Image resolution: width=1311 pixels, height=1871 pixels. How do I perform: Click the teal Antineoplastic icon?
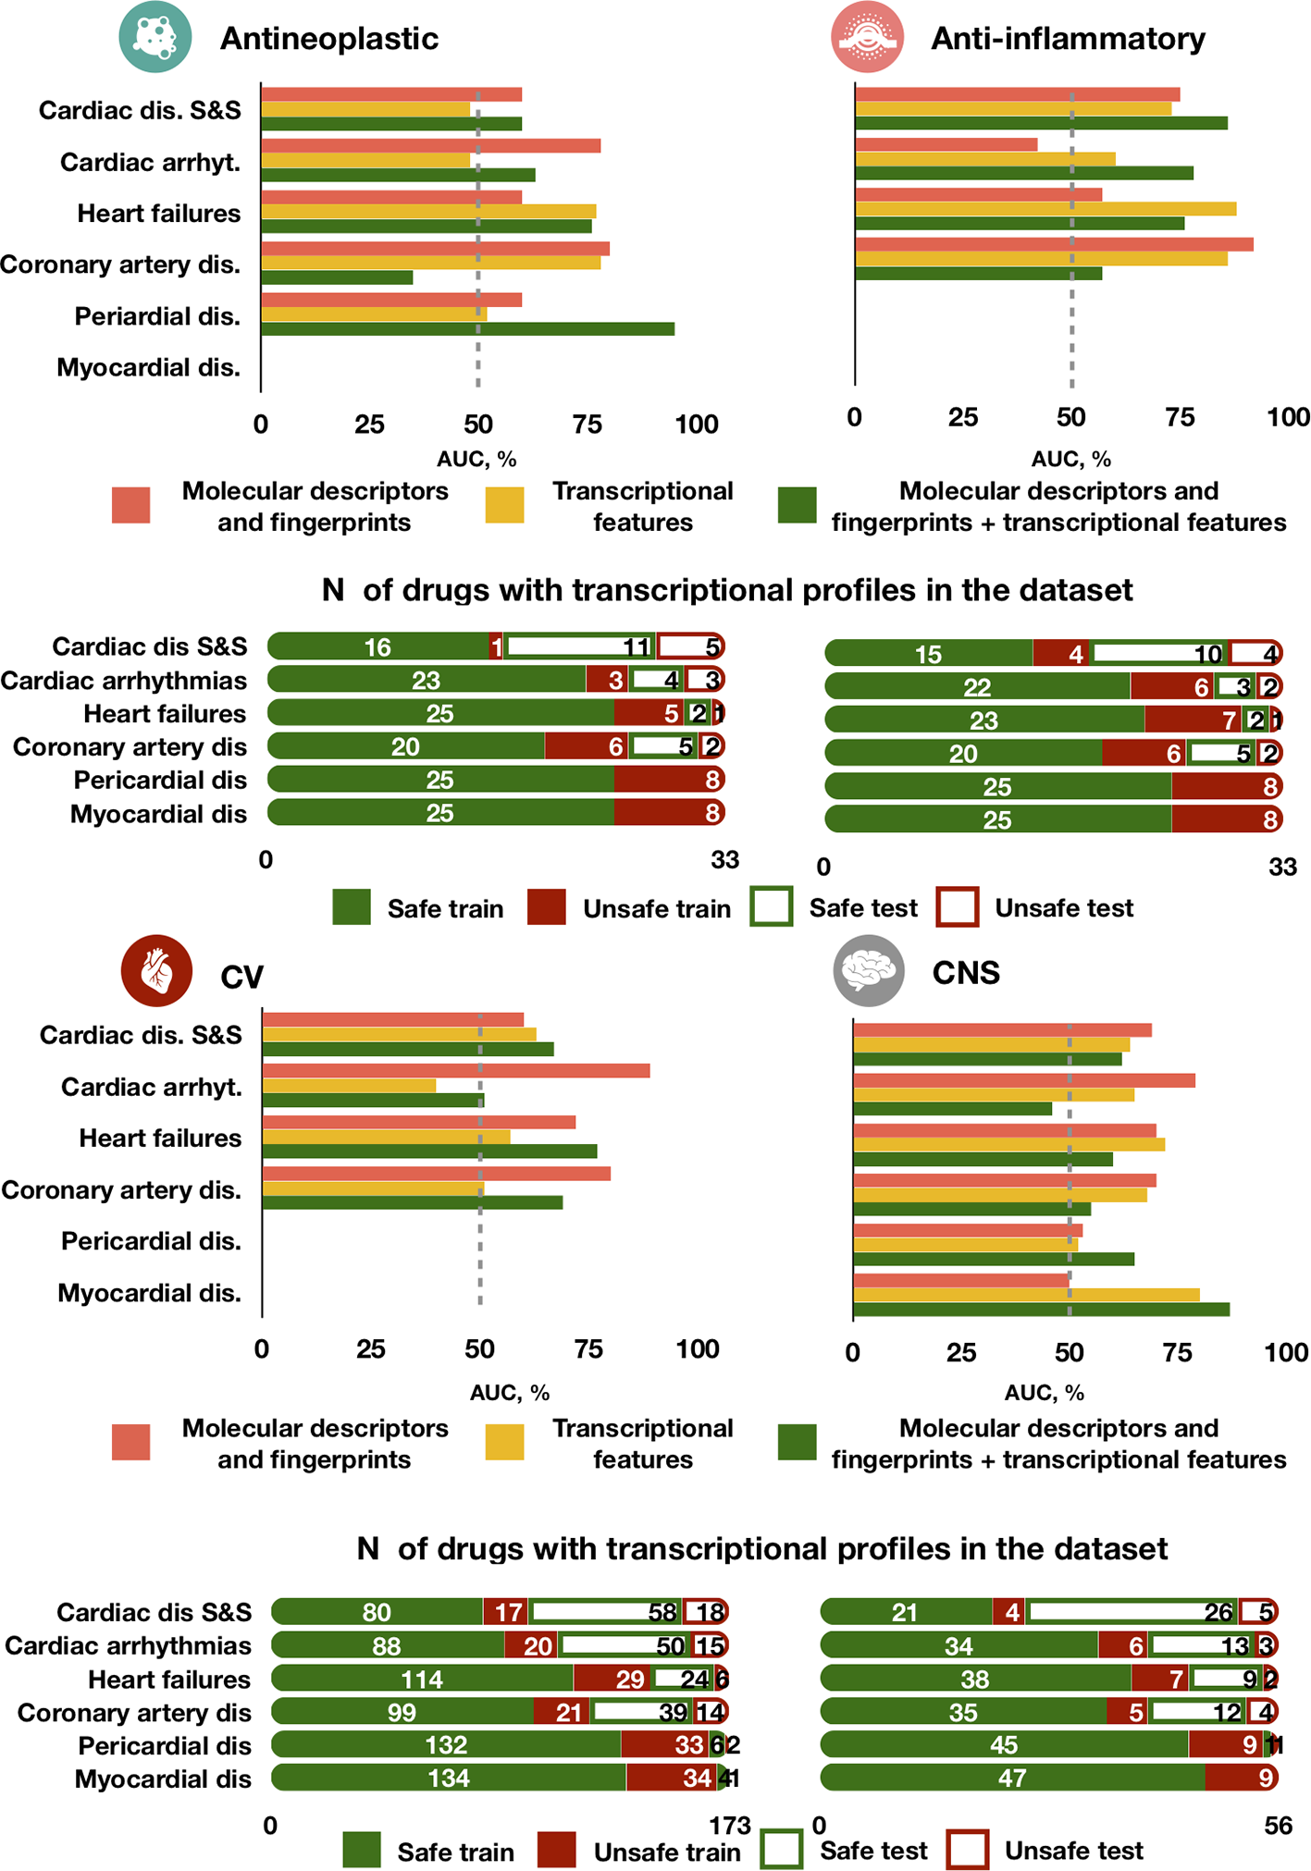155,36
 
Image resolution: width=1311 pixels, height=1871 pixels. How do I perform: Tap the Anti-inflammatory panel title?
1068,39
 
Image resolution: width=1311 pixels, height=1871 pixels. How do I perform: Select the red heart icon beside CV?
156,972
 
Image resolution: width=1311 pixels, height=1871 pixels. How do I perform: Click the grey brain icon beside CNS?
868,970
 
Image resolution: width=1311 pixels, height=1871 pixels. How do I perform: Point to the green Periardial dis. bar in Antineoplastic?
467,329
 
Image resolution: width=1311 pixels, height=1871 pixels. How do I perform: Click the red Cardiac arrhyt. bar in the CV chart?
455,1071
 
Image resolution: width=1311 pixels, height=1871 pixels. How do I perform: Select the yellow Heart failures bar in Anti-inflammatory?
1045,209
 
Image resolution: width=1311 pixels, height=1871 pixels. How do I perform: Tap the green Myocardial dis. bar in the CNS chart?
1041,1310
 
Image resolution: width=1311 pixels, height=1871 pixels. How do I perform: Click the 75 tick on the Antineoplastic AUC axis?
587,425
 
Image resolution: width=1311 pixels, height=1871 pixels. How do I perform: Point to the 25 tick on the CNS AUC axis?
961,1353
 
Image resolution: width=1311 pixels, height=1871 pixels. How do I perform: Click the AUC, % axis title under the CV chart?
510,1393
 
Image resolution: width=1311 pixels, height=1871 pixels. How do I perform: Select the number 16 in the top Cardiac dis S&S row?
377,647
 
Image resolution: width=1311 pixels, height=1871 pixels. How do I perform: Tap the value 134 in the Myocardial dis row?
449,1778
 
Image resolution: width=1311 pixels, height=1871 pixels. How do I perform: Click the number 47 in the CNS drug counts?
1012,1778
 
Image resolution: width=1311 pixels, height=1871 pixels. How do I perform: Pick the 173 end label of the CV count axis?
730,1826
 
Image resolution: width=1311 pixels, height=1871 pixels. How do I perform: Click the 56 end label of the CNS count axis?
1277,1826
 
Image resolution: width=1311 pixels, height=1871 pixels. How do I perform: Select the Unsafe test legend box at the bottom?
968,1850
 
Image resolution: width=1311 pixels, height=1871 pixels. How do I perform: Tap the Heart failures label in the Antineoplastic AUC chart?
159,214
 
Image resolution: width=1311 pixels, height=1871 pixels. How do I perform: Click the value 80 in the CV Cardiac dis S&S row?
377,1613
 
